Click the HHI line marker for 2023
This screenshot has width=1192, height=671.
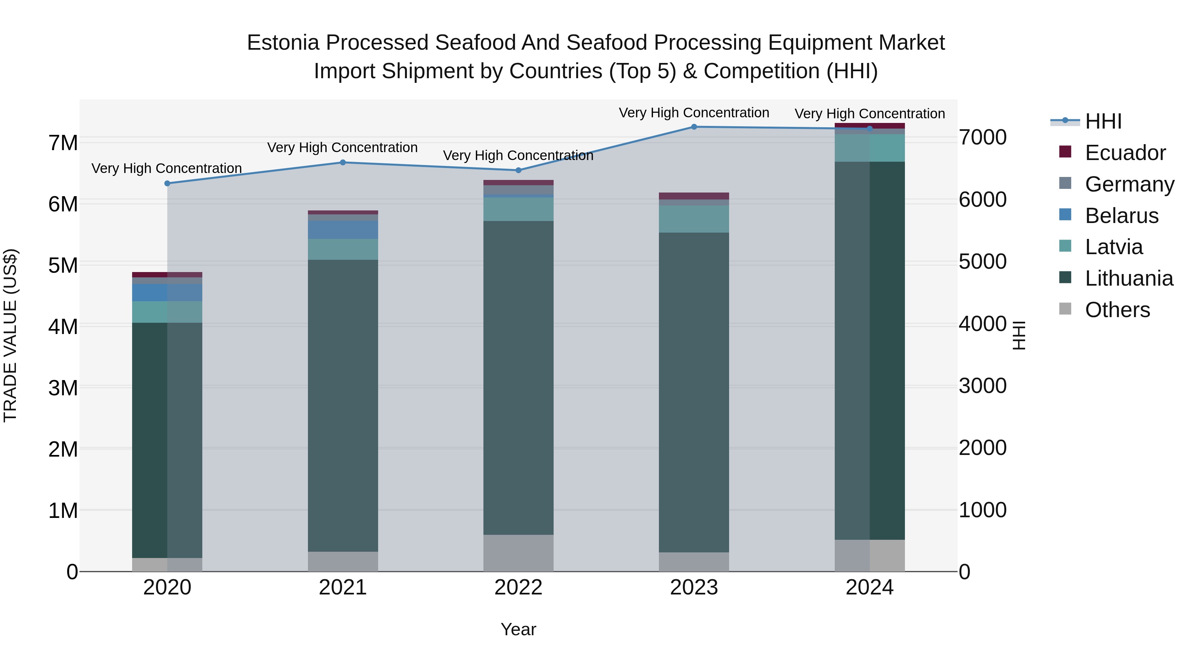(694, 127)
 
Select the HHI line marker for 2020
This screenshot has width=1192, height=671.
(167, 183)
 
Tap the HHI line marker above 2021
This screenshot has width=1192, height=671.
(343, 163)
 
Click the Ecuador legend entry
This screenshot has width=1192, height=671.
(1124, 153)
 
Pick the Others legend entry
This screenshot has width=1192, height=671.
(1117, 310)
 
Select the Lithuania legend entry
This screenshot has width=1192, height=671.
(1129, 278)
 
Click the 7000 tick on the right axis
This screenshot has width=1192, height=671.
(982, 138)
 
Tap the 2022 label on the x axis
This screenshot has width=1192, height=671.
(518, 587)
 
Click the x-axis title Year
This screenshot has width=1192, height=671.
(518, 629)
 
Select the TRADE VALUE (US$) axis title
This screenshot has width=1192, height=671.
(10, 335)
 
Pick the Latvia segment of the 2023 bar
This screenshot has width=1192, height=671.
(694, 219)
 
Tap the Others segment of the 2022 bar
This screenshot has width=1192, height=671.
(518, 553)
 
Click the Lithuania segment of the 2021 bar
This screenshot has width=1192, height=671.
(343, 405)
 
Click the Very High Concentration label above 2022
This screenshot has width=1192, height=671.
(518, 156)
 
